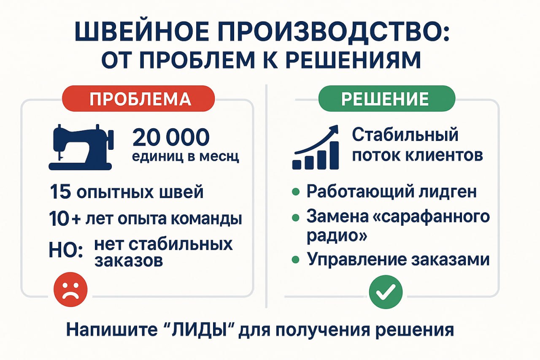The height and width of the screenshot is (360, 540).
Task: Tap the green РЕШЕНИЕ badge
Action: [x=386, y=99]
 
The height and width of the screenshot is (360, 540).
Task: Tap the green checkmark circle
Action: [x=386, y=291]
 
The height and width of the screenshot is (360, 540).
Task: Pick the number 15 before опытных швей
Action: [x=59, y=192]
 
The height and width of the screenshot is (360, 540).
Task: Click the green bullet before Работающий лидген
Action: [x=296, y=192]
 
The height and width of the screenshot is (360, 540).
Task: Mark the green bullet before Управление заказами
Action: [x=296, y=259]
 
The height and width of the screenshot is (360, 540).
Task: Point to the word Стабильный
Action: [x=405, y=135]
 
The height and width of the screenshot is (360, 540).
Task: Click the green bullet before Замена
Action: [x=296, y=217]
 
